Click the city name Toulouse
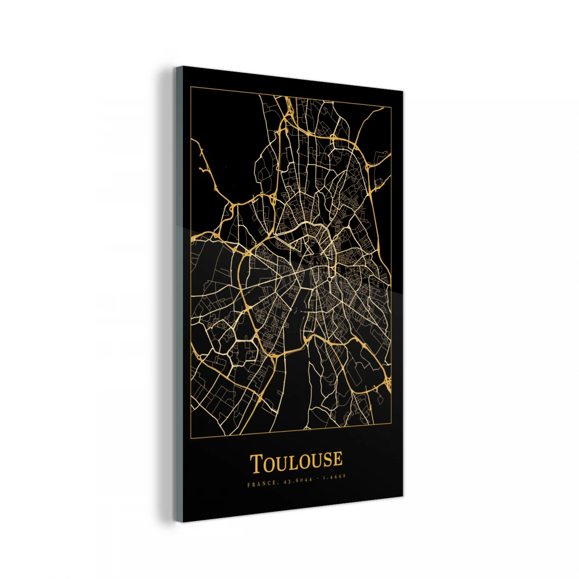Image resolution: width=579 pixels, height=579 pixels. [296, 462]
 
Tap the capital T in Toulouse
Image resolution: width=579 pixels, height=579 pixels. [256, 464]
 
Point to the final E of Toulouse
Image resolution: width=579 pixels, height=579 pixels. [337, 459]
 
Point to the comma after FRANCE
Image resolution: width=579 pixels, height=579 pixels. [277, 484]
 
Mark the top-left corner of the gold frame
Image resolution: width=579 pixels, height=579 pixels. [190, 87]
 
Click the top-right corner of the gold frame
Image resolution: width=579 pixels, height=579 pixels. [391, 108]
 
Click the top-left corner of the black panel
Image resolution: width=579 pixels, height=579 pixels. [182, 67]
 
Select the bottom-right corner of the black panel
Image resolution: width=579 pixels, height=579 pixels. [403, 496]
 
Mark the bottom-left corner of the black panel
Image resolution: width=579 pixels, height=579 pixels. [182, 522]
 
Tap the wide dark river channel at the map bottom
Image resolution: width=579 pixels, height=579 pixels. [294, 386]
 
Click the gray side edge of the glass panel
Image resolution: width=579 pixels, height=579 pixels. [179, 295]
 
